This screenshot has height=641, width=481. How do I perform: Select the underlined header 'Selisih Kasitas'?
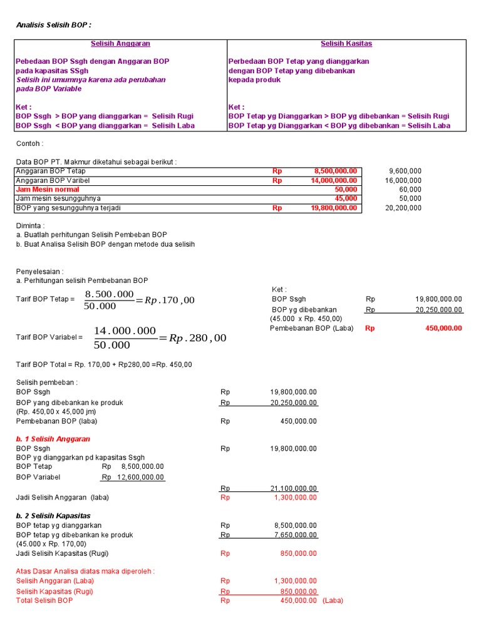346,44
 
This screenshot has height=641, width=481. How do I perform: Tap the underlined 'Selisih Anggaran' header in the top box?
120,44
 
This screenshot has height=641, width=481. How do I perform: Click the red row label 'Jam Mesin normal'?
48,189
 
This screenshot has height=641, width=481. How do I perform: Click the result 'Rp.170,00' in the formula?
170,300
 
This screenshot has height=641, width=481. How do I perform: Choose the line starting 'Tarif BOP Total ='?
104,364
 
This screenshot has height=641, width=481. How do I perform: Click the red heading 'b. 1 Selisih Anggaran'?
53,439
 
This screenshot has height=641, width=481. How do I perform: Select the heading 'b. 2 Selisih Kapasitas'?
54,515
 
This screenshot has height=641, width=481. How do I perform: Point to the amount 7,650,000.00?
296,535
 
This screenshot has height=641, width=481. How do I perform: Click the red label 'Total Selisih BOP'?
44,600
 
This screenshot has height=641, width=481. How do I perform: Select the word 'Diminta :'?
30,225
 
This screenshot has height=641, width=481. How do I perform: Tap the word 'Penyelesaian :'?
39,272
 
